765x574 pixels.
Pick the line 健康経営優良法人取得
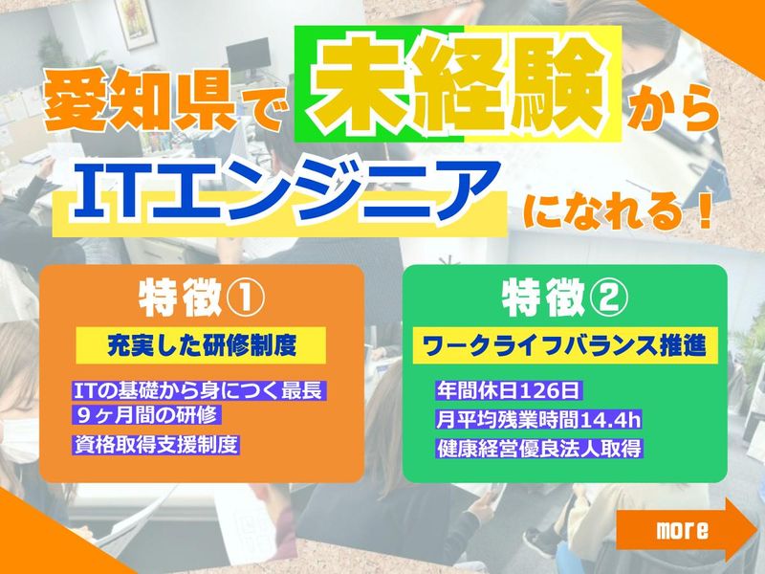coord(535,447)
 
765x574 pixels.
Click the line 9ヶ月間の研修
coord(146,415)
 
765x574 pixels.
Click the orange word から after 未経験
coord(672,108)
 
